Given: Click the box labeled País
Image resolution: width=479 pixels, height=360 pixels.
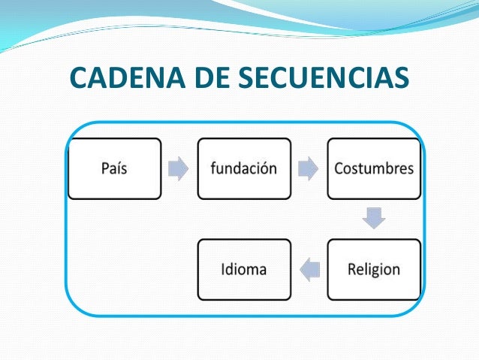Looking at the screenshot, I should (x=114, y=168).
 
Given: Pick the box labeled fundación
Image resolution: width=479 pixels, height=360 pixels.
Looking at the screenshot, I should (x=244, y=168).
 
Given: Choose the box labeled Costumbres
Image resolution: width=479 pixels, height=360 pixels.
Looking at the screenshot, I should (x=374, y=168).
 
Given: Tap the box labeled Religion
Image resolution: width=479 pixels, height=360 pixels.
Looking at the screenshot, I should (x=374, y=269).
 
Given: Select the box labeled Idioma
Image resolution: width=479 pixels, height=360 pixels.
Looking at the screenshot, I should (x=244, y=269).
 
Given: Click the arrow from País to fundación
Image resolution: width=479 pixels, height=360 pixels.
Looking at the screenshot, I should (x=179, y=168).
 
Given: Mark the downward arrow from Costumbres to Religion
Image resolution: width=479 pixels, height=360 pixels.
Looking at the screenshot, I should (x=374, y=218).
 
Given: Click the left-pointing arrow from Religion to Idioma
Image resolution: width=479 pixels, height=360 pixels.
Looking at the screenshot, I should (x=309, y=268).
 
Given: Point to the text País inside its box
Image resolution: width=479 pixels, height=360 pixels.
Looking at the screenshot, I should (x=114, y=168).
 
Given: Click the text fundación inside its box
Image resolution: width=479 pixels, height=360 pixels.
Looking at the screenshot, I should (x=244, y=168).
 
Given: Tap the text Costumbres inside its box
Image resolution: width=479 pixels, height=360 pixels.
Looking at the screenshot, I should (x=374, y=168).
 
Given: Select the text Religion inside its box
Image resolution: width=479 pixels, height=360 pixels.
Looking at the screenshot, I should (x=374, y=269).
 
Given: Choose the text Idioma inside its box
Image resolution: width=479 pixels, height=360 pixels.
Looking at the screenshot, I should (x=244, y=269).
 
